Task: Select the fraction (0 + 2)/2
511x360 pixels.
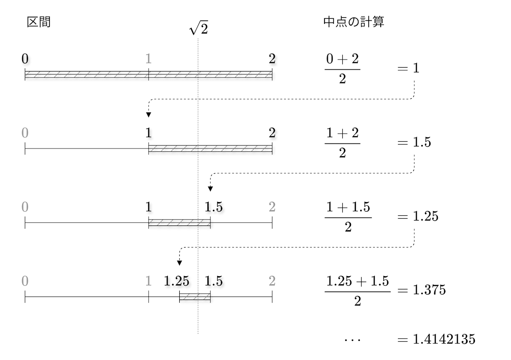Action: click(x=342, y=68)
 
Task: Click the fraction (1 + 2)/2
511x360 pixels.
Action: click(x=342, y=142)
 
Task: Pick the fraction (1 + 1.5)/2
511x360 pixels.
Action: click(x=348, y=217)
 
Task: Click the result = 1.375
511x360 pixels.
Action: click(x=421, y=291)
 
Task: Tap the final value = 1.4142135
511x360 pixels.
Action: click(x=436, y=339)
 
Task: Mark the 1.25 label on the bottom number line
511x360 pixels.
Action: click(x=177, y=281)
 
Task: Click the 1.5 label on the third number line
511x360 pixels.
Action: click(x=213, y=207)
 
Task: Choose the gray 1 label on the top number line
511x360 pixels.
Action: click(x=148, y=59)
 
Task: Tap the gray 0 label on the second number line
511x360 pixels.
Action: click(x=25, y=133)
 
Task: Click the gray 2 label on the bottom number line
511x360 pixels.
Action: click(x=272, y=281)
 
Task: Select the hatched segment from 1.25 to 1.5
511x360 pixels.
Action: click(x=195, y=297)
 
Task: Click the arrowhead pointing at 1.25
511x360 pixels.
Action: click(x=180, y=262)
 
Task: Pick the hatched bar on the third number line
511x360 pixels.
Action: click(x=179, y=223)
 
